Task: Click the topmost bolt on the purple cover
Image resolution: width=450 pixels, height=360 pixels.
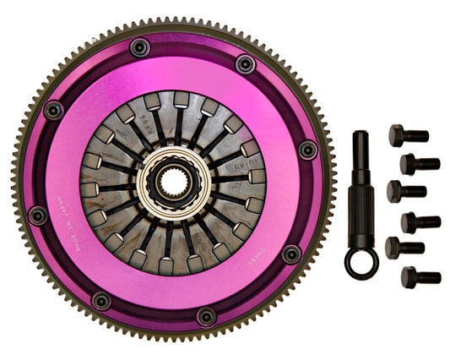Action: pos(140,47)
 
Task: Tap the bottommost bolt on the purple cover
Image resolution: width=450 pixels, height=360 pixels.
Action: pos(206,317)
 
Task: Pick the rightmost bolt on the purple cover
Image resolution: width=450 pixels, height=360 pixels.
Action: pos(308,150)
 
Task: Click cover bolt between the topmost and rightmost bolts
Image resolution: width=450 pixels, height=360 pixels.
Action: pos(245,64)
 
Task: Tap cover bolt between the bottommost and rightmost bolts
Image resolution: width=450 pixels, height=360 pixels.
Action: pos(290,254)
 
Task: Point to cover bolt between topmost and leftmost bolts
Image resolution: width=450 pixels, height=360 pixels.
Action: pos(55,110)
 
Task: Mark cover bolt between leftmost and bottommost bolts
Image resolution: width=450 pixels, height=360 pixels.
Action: pos(100,300)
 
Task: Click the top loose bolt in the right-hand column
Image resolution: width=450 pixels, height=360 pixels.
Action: pos(408,135)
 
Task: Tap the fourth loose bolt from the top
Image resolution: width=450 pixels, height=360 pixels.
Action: pos(420,222)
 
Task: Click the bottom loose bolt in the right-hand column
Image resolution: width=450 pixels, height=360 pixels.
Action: pos(420,276)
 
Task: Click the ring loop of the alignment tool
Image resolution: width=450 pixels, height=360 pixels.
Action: pos(361,263)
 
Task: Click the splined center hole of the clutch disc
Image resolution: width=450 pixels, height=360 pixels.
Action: pos(172,181)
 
